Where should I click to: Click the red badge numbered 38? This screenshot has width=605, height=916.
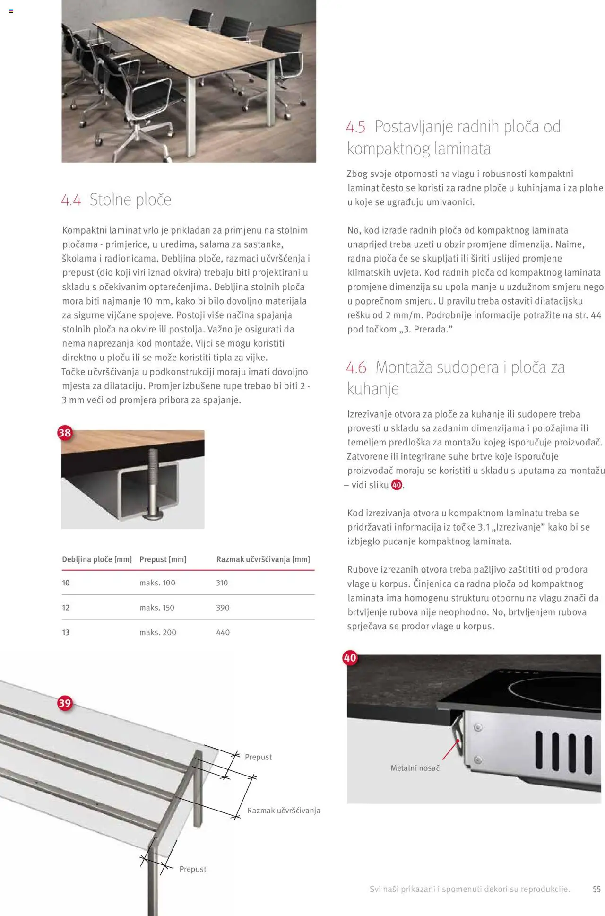pyautogui.click(x=64, y=433)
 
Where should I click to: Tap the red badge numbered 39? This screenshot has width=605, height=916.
pyautogui.click(x=64, y=703)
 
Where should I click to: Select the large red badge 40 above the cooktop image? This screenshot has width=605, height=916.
pyautogui.click(x=350, y=658)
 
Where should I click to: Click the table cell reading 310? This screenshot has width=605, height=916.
pyautogui.click(x=222, y=583)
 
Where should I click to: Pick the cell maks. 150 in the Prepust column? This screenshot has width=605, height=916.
pyautogui.click(x=157, y=608)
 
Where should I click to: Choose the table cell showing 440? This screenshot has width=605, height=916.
pyautogui.click(x=223, y=632)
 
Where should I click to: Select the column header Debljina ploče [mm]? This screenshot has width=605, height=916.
pyautogui.click(x=97, y=559)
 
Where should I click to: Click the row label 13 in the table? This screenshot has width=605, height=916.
pyautogui.click(x=66, y=632)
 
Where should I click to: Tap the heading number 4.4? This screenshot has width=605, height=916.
pyautogui.click(x=71, y=200)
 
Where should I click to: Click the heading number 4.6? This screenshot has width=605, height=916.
pyautogui.click(x=356, y=367)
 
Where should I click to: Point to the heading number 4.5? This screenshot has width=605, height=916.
pyautogui.click(x=355, y=127)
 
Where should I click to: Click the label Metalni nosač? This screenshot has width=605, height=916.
pyautogui.click(x=415, y=768)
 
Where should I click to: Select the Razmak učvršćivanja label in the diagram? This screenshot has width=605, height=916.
pyautogui.click(x=284, y=811)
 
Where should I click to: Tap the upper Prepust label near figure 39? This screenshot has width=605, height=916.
pyautogui.click(x=258, y=757)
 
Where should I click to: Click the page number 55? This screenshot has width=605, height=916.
pyautogui.click(x=596, y=889)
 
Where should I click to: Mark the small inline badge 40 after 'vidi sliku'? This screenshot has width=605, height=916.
pyautogui.click(x=397, y=485)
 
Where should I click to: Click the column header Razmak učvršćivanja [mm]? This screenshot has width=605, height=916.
pyautogui.click(x=263, y=559)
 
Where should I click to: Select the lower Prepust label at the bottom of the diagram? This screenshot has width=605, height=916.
pyautogui.click(x=193, y=869)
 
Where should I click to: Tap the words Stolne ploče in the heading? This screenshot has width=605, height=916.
pyautogui.click(x=130, y=200)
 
